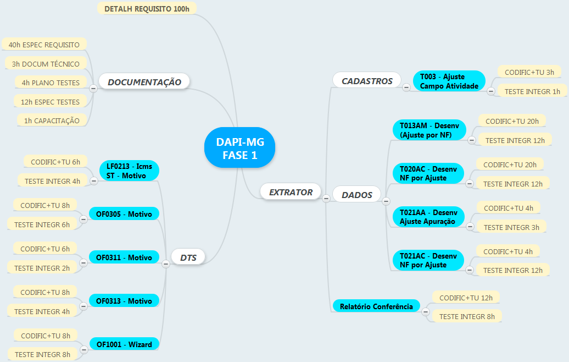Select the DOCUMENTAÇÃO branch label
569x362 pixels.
click(x=144, y=82)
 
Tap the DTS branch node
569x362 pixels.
click(x=188, y=257)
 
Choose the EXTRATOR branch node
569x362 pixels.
click(x=291, y=192)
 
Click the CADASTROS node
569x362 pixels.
click(x=367, y=81)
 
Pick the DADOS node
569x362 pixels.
click(x=356, y=194)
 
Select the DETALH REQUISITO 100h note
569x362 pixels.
click(x=147, y=9)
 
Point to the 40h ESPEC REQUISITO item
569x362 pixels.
click(x=44, y=45)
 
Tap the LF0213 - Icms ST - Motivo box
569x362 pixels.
click(x=129, y=171)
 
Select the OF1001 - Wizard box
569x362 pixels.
click(x=124, y=344)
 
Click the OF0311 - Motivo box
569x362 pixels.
click(x=124, y=257)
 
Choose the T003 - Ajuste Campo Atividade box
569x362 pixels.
click(x=449, y=81)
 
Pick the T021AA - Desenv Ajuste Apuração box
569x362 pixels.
click(x=428, y=217)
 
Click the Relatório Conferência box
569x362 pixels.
click(x=376, y=306)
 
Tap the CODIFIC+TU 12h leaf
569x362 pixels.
click(x=466, y=298)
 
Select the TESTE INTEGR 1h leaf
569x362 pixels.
click(x=532, y=91)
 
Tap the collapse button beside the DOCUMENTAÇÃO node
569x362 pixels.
click(x=93, y=87)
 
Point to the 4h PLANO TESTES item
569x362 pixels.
click(x=51, y=83)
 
